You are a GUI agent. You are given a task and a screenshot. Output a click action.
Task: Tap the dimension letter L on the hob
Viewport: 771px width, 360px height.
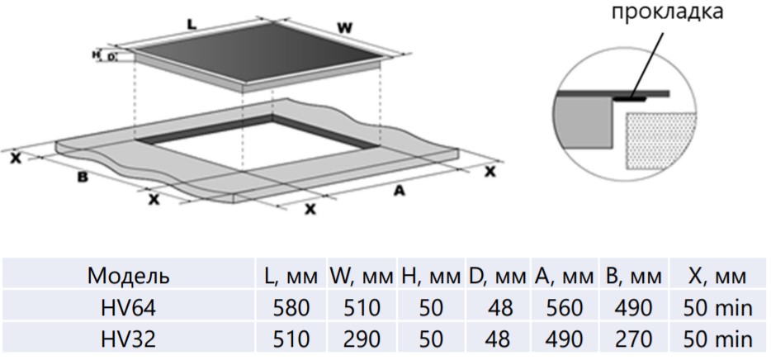[x=192, y=25]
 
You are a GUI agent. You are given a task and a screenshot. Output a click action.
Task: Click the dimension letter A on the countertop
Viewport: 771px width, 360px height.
[x=399, y=191]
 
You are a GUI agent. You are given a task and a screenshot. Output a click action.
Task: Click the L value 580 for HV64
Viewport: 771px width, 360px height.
[x=291, y=308]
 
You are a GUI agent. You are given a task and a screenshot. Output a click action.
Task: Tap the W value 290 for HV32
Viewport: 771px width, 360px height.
[x=357, y=339]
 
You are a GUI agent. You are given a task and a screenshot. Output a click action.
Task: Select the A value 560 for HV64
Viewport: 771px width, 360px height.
[x=565, y=308]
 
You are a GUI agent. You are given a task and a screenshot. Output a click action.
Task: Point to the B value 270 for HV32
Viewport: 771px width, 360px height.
[x=633, y=339]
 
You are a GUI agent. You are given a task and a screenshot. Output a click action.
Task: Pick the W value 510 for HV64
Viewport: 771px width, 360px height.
[x=357, y=308]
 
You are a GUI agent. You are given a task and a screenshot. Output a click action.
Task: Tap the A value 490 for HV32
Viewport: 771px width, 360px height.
[x=565, y=339]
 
